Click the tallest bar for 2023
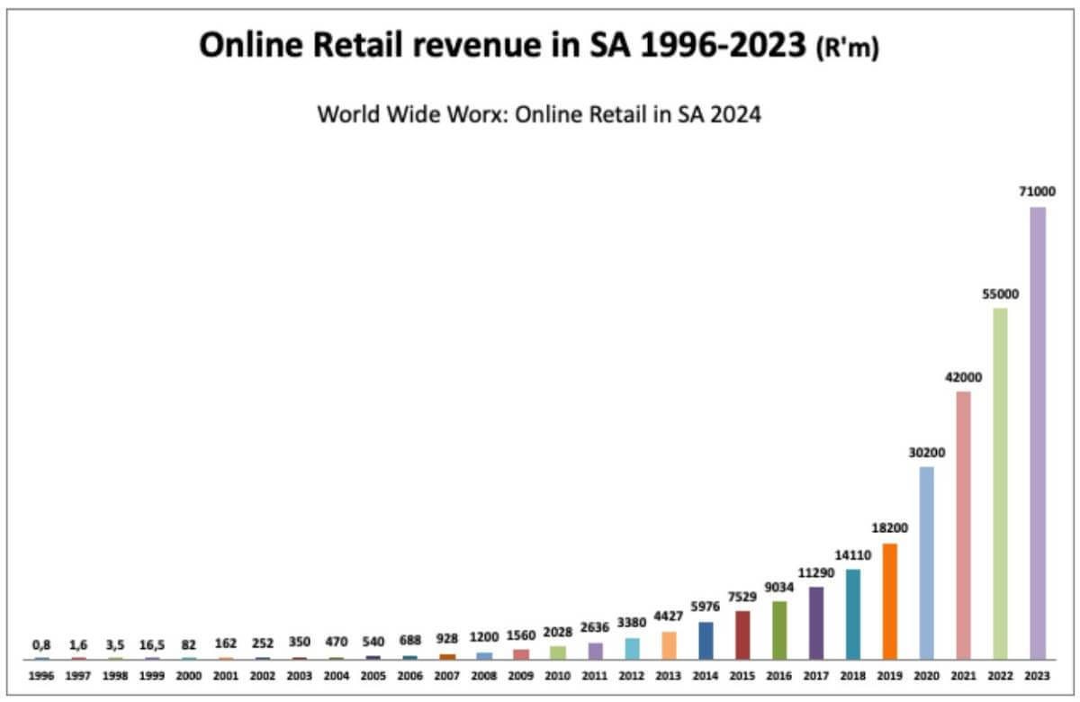coord(1038,433)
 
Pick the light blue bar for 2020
coord(927,562)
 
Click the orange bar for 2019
coord(890,601)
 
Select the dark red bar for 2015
coord(742,634)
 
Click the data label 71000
coord(1038,191)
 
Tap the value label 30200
coord(927,452)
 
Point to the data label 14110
coord(853,554)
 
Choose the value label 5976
coord(706,607)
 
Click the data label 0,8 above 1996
coord(41,644)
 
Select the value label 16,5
coord(152,644)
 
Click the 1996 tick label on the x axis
coord(41,675)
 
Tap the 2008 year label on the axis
coord(484,675)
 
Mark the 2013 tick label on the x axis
coord(669,675)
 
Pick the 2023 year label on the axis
coord(1038,675)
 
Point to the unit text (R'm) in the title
coord(846,50)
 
